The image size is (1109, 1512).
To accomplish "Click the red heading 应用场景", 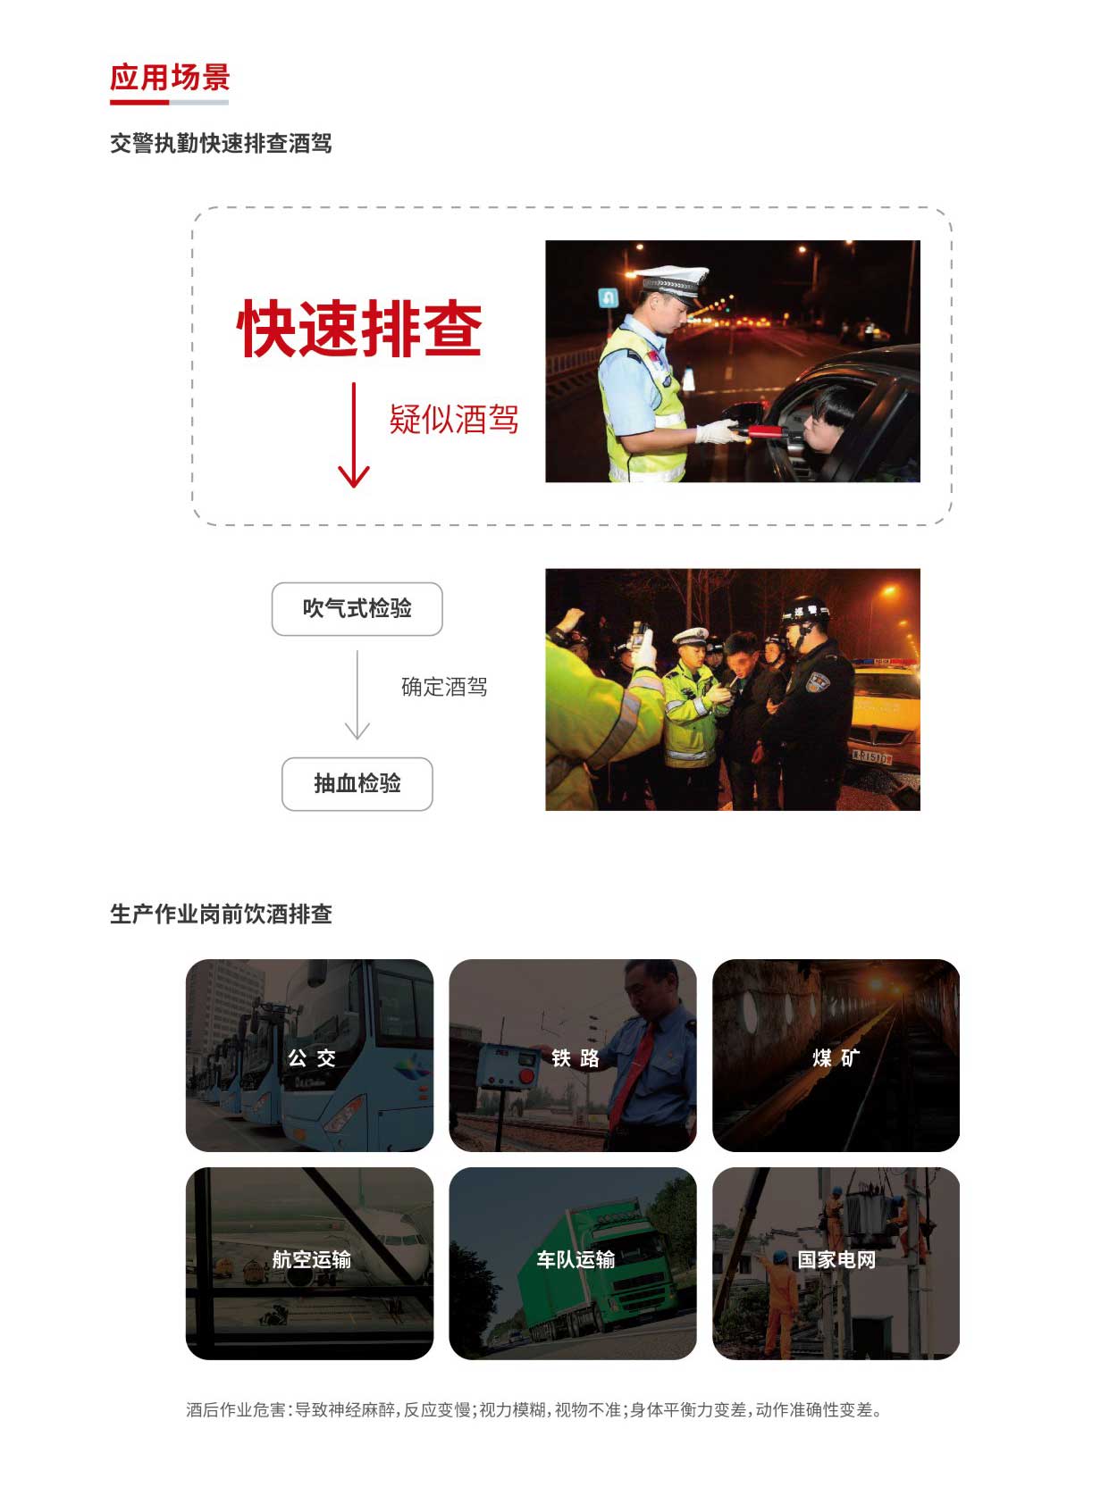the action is click(170, 77).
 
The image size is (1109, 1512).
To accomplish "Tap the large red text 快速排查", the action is click(359, 329).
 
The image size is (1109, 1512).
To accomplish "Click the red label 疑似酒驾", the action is click(454, 419).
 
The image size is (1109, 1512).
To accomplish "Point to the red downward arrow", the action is click(353, 435).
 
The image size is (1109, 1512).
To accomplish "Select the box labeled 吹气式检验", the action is click(357, 609).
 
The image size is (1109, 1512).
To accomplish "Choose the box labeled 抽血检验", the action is click(357, 783).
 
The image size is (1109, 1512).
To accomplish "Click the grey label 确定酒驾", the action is click(444, 687).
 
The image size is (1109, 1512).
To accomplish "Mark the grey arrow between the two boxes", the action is click(357, 695).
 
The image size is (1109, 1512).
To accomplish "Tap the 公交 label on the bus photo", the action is click(311, 1057).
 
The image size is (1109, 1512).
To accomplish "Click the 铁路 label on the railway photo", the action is click(575, 1057).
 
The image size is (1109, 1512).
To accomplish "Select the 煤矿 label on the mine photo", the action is click(836, 1057).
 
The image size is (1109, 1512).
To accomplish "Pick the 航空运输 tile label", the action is click(311, 1259).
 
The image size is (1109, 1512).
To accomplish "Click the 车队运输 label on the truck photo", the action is click(576, 1259).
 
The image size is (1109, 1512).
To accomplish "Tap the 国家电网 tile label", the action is click(836, 1259).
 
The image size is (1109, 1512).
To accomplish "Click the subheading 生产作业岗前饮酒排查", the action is click(221, 914).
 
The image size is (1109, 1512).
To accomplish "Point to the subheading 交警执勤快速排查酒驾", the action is click(221, 143).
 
